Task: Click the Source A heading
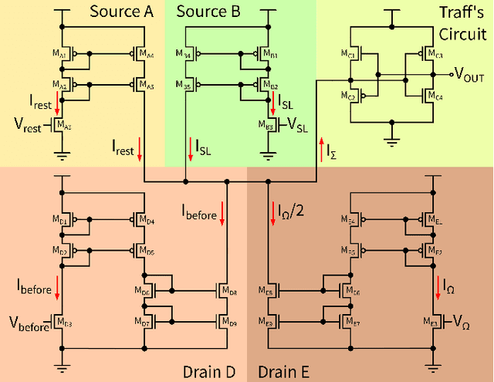click(x=121, y=12)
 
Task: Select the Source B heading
click(x=208, y=12)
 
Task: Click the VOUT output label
click(x=473, y=75)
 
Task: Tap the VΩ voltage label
click(x=460, y=320)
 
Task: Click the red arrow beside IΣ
click(x=322, y=145)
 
